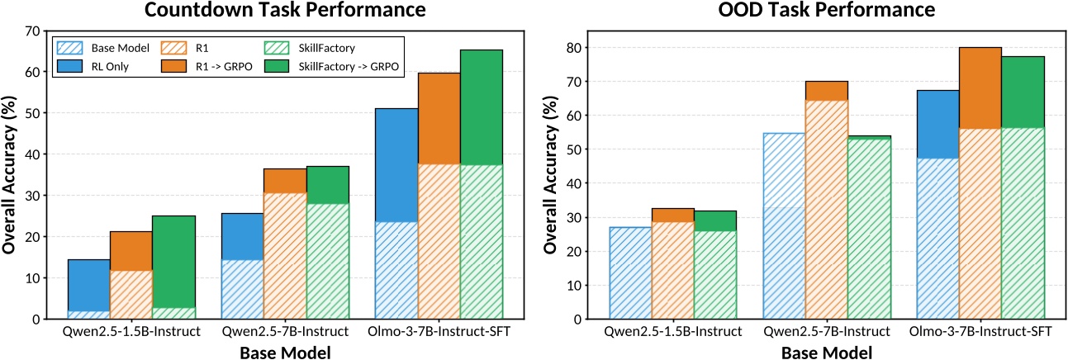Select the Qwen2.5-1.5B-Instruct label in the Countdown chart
point(131,332)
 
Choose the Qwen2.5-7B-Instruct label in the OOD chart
point(826,332)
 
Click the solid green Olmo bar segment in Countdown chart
point(481,107)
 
